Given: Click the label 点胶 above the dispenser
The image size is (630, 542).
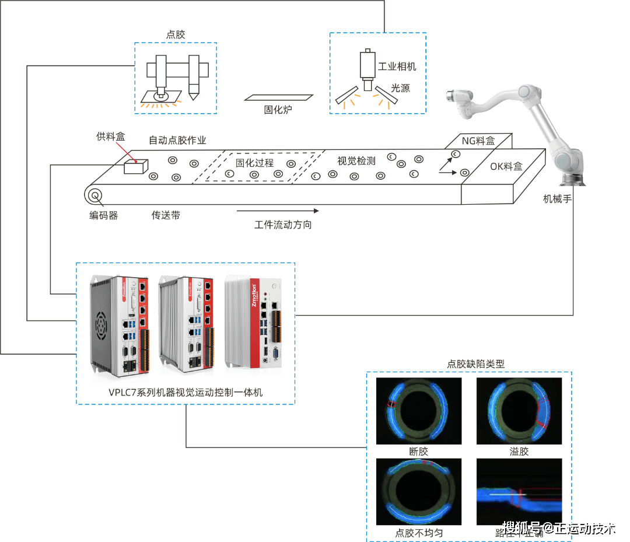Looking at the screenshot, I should pos(175,34).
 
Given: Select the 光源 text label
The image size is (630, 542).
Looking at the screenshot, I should pos(401,88).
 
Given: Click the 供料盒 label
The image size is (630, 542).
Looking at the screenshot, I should pos(111,137).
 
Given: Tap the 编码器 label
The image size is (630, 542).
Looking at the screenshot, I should pos(104,215).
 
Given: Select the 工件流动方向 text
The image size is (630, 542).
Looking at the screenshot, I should pos(283,225).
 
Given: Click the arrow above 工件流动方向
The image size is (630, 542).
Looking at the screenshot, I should pos(278,211).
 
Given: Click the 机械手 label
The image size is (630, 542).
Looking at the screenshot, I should pos(557,200).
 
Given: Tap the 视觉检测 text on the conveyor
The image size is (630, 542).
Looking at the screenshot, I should pos(356,161).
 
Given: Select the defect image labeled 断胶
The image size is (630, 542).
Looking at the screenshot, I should pos(418,411).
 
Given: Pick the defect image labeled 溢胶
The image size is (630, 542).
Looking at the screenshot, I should pos(519,411).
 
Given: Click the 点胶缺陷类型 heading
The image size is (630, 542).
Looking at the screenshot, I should pos(475,363).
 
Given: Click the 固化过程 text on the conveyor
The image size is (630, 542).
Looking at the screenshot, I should pos(254,163).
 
